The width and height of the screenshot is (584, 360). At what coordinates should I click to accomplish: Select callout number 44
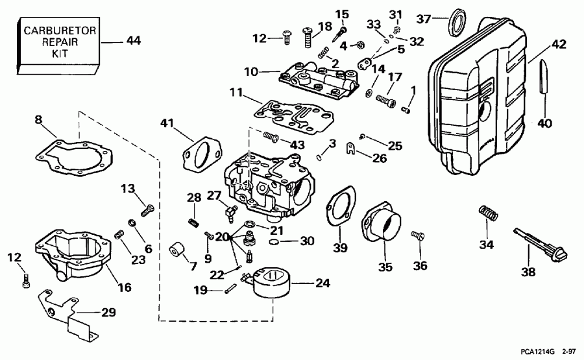pyautogui.click(x=133, y=40)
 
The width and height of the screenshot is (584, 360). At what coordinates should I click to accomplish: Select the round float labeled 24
pyautogui.click(x=273, y=285)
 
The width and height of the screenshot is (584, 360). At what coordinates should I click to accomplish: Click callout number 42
pyautogui.click(x=559, y=45)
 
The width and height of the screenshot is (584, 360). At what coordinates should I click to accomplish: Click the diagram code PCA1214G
pyautogui.click(x=537, y=351)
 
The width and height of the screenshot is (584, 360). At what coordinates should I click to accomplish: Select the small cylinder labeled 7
pyautogui.click(x=175, y=249)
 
